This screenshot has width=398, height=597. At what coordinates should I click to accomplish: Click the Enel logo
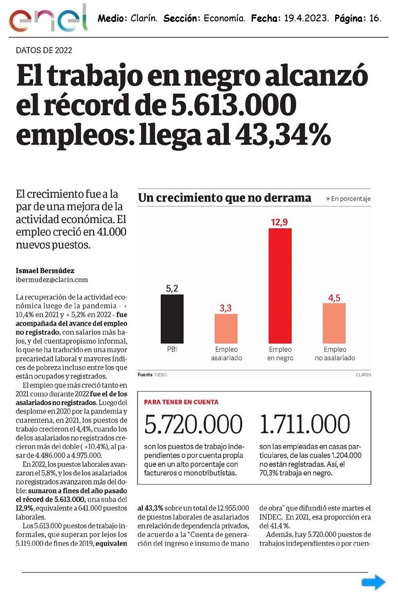tap(48, 19)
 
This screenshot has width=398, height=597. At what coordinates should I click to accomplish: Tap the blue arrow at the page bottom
tap(373, 582)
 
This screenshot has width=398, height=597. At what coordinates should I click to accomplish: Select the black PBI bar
tap(172, 318)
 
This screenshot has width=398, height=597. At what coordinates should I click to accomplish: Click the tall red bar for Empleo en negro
tap(280, 286)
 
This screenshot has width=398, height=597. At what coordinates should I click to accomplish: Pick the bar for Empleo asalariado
tap(226, 328)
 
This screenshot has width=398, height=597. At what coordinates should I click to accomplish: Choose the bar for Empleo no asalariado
tap(334, 323)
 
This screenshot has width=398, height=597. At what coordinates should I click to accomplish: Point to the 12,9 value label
tap(280, 222)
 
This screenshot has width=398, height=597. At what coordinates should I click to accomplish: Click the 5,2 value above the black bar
tap(172, 288)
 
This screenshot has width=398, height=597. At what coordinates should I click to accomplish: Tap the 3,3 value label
tap(226, 307)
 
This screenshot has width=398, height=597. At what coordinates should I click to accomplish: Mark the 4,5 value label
tap(334, 297)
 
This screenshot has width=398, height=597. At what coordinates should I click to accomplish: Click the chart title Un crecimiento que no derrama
tap(225, 198)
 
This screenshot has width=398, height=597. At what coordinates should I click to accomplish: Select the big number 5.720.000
tap(194, 424)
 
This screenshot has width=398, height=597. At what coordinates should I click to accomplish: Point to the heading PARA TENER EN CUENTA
tap(181, 402)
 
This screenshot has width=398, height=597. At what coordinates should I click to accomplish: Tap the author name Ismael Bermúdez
tap(45, 271)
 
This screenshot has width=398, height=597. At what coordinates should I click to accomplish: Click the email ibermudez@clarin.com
tap(52, 280)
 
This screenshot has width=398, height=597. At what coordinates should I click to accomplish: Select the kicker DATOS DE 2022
tap(44, 50)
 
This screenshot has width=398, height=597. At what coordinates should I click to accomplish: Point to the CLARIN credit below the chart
tap(363, 375)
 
